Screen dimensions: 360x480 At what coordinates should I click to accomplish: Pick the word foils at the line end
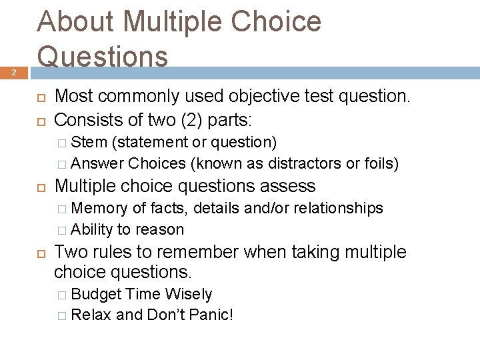pos(379,163)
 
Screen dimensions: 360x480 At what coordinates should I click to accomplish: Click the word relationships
pos(336,208)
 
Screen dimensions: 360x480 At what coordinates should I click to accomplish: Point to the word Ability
pos(92,229)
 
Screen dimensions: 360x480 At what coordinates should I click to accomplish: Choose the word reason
pos(160,229)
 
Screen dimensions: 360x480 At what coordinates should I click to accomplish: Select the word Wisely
pos(187,294)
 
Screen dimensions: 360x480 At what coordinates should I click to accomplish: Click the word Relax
pos(91,315)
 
